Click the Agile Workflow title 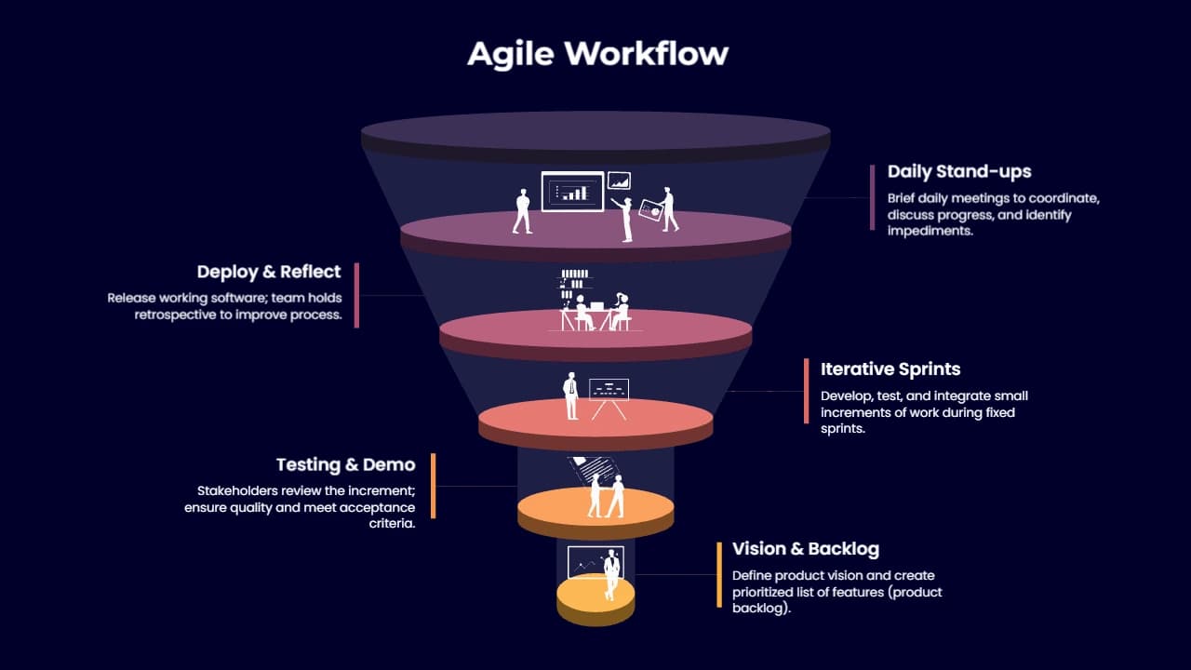point(597,54)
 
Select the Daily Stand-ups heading point(959,172)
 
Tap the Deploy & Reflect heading point(269,272)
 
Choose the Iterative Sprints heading point(890,369)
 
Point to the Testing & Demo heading point(345,464)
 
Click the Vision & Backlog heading point(806,549)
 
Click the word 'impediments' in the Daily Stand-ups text point(930,232)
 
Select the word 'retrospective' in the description point(176,315)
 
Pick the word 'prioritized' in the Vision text point(762,593)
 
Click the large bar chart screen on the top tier point(572,192)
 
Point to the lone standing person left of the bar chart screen point(522,211)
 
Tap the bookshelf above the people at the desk point(574,285)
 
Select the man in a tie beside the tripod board point(571,396)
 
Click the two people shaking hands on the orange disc point(606,496)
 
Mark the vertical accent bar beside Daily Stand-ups point(872,197)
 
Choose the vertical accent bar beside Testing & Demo point(434,486)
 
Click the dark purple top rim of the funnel point(595,137)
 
